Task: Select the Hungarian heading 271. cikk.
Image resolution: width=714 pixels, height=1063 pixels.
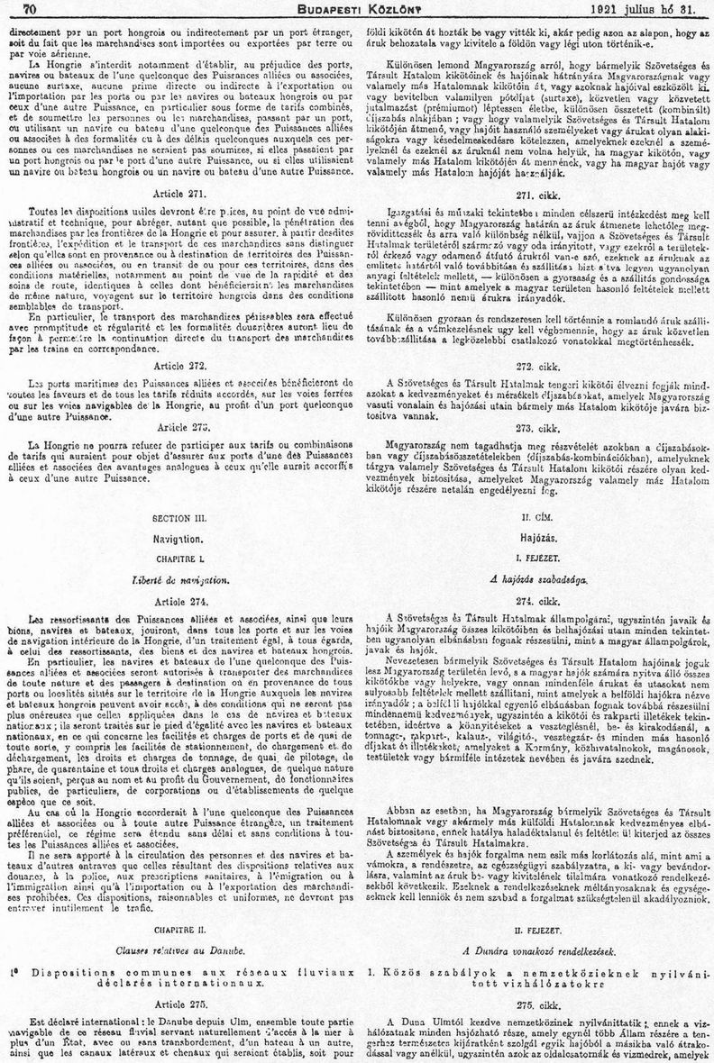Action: coord(535,195)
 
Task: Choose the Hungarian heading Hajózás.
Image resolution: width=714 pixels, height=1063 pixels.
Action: coord(535,538)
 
